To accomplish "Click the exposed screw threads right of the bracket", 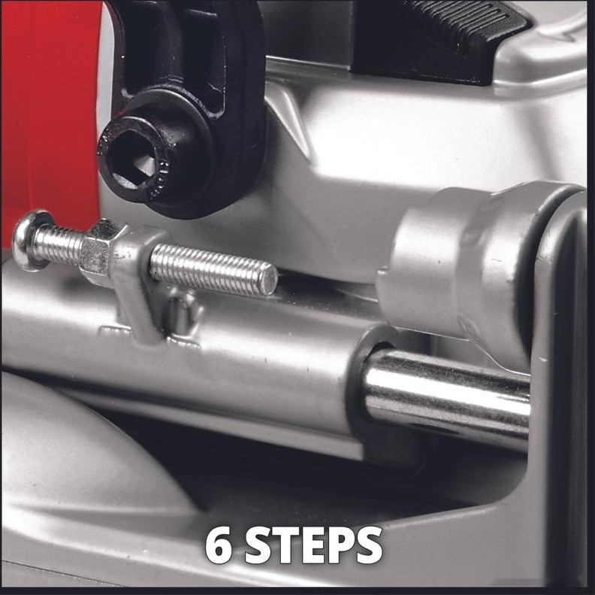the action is tap(213, 269).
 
